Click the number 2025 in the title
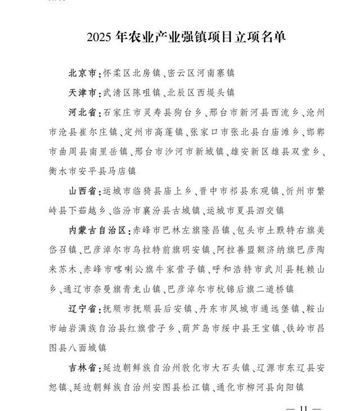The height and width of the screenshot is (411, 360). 100,38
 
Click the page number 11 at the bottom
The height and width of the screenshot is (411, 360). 304,407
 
